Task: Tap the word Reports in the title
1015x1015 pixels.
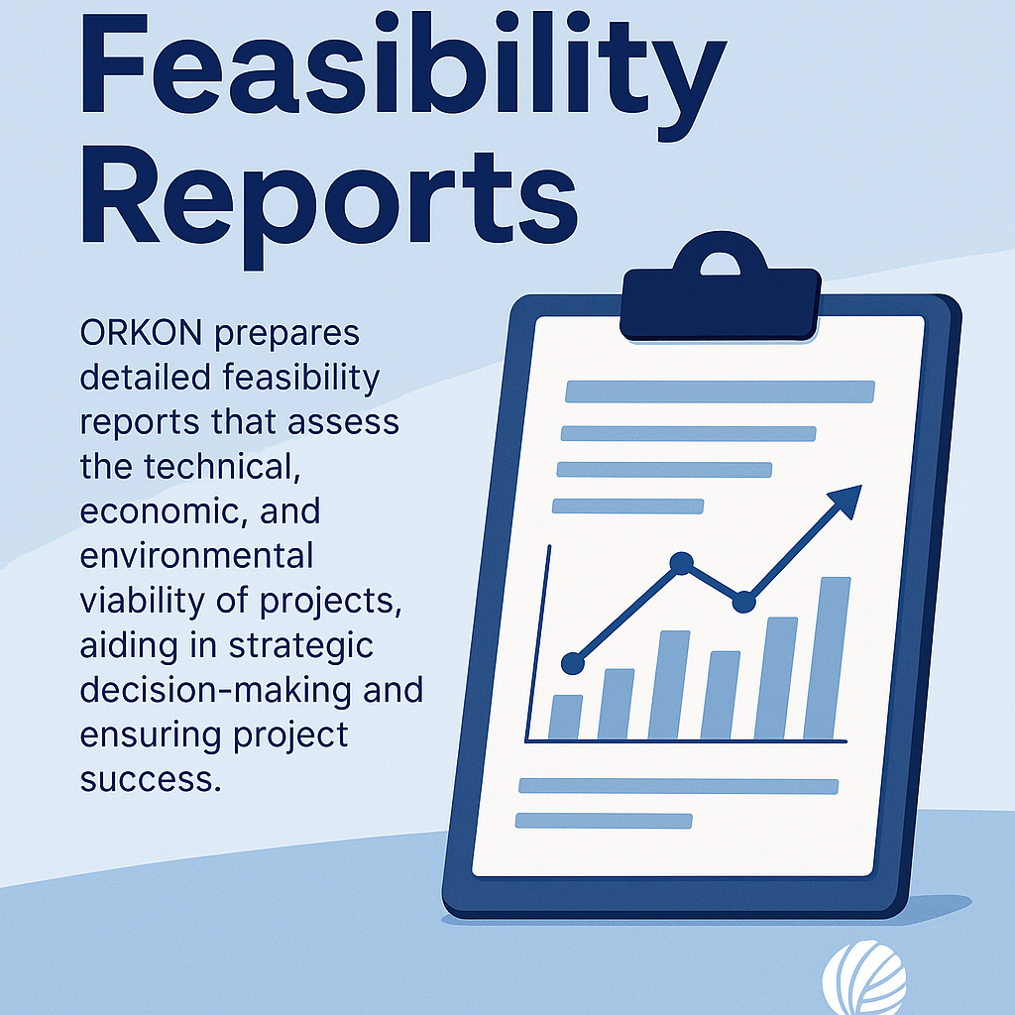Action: click(329, 203)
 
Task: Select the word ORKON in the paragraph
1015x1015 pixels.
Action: click(141, 333)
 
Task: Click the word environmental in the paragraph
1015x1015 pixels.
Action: click(197, 556)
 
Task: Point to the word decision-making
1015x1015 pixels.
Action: click(251, 690)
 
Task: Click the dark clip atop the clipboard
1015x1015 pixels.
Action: click(721, 288)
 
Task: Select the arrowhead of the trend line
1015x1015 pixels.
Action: click(846, 501)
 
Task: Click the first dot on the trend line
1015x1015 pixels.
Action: click(573, 663)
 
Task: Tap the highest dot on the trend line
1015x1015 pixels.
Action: click(681, 563)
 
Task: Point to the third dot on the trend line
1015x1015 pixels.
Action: click(743, 602)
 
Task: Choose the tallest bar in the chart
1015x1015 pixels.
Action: click(828, 658)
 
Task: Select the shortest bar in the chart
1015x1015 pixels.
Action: click(565, 718)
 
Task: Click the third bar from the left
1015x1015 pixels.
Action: click(669, 685)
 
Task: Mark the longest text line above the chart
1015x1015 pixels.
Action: click(720, 392)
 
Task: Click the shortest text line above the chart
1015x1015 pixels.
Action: click(627, 507)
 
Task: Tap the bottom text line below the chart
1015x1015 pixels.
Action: click(604, 821)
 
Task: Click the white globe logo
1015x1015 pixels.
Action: click(864, 976)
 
